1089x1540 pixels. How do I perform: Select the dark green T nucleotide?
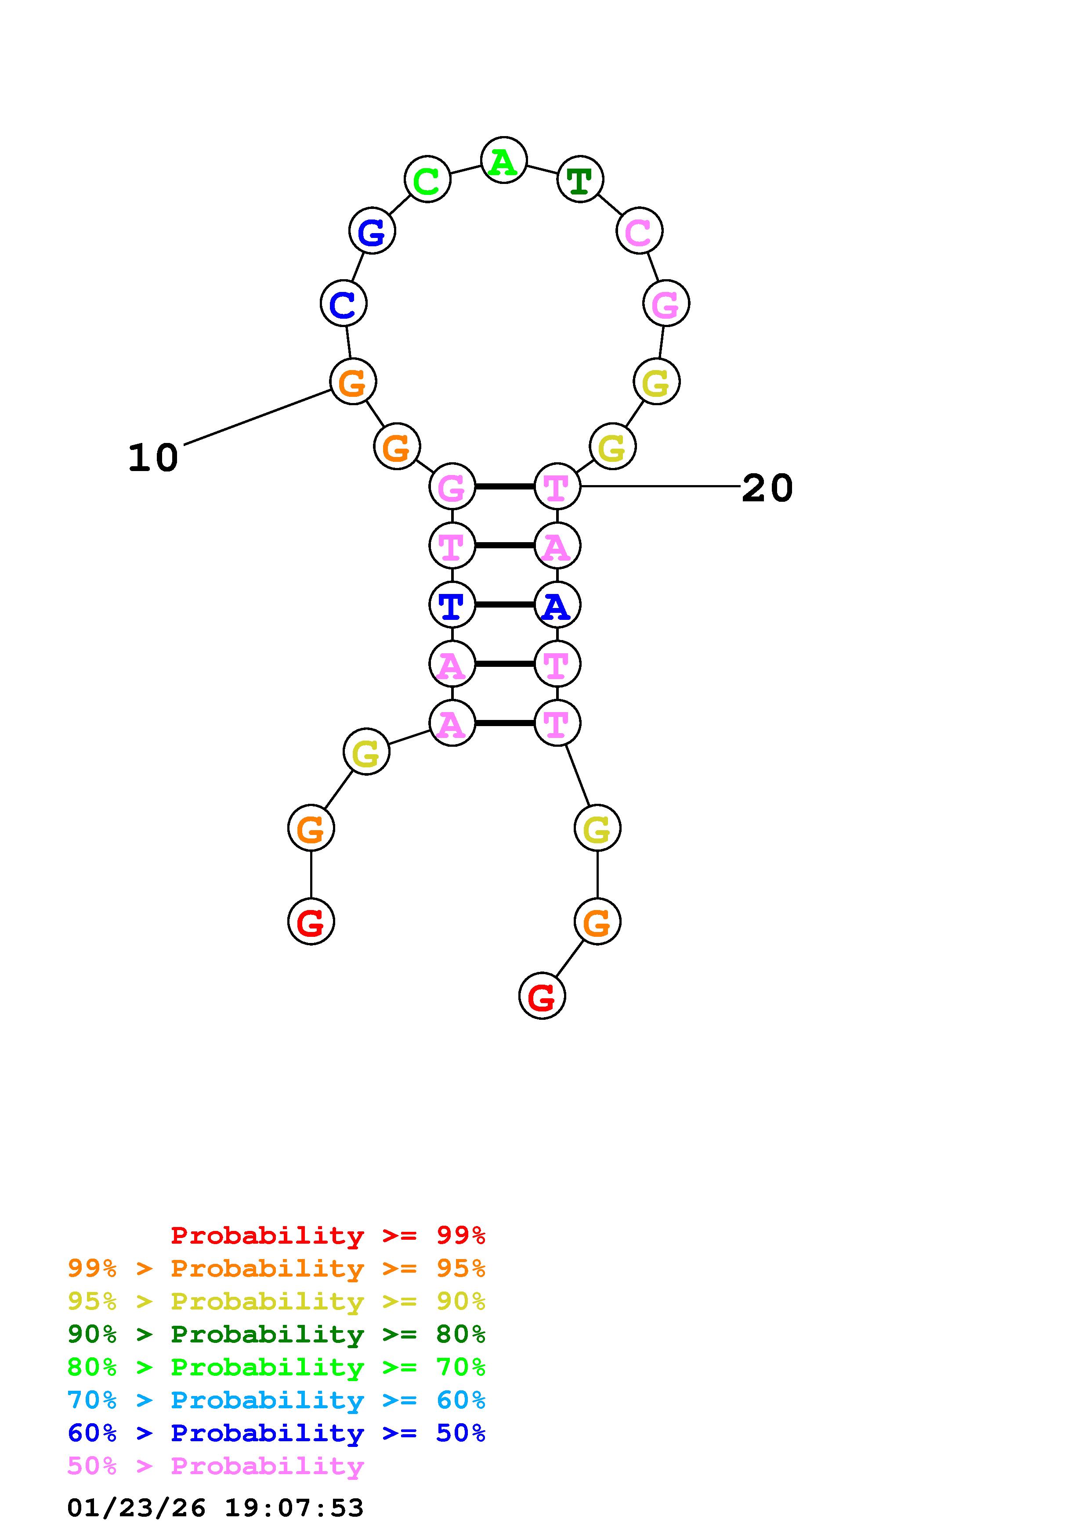pos(580,179)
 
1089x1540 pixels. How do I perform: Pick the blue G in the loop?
pos(372,231)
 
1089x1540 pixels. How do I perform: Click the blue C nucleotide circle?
pos(344,303)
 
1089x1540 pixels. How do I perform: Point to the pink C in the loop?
pos(639,231)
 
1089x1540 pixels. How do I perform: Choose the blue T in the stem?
pos(452,605)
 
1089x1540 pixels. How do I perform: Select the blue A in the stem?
pos(557,605)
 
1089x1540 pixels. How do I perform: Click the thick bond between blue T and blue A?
pos(505,605)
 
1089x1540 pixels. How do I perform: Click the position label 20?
pos(767,488)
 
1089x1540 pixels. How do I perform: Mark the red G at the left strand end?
pos(311,921)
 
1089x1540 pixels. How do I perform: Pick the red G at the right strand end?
pos(542,997)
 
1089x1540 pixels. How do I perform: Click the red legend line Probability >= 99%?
pos(328,1235)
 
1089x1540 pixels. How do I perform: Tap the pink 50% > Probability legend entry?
pos(215,1465)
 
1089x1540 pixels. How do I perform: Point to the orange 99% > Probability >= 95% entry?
pos(276,1268)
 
